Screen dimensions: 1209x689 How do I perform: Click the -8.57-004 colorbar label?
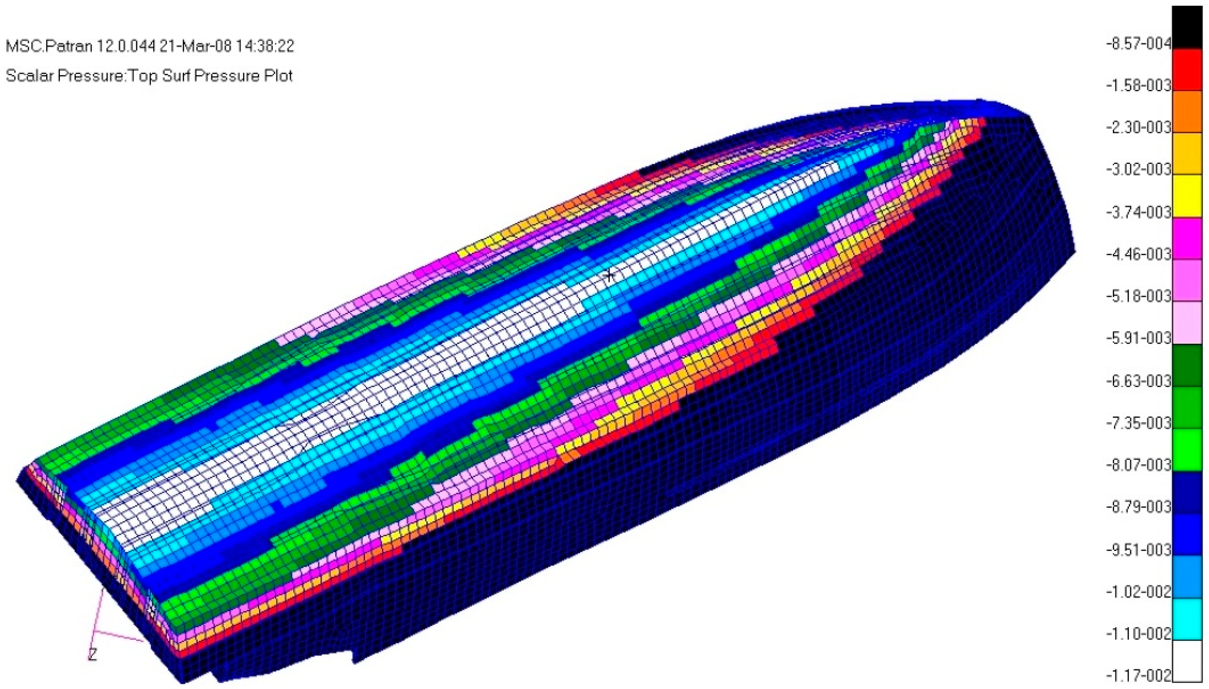[x=1138, y=44]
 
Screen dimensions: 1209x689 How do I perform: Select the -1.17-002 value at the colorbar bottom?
[x=1138, y=675]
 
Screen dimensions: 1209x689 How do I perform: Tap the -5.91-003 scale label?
[x=1138, y=338]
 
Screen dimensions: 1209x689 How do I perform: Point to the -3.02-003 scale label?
[x=1138, y=170]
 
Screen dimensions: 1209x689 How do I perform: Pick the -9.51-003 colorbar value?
[x=1138, y=550]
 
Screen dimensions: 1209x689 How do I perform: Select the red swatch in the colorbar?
[x=1187, y=70]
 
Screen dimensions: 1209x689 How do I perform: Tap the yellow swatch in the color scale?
[x=1187, y=196]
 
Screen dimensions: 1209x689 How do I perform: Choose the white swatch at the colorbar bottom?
[x=1187, y=661]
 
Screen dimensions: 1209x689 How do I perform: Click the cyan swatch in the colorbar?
[x=1187, y=619]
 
